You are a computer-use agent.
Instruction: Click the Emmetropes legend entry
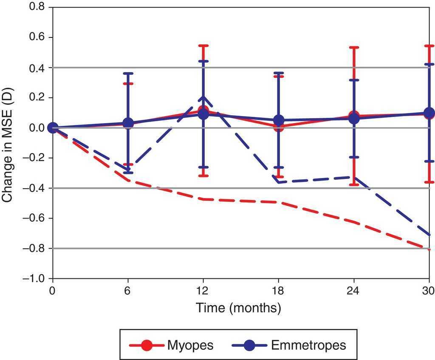[289, 345]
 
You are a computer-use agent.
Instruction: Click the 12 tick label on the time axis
[203, 290]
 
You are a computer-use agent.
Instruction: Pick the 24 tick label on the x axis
[354, 290]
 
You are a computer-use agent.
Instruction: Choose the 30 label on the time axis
[428, 290]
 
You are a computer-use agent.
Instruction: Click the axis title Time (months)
[238, 308]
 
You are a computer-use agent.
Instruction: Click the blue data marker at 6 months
[128, 123]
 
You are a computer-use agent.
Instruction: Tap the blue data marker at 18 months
[279, 121]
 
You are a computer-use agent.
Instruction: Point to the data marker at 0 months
[53, 128]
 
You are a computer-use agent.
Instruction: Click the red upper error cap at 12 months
[203, 45]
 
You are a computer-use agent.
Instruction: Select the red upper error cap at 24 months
[354, 47]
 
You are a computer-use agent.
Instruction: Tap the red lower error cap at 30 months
[429, 182]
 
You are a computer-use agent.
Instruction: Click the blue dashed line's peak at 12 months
[203, 97]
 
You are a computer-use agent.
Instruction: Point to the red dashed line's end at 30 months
[429, 250]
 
